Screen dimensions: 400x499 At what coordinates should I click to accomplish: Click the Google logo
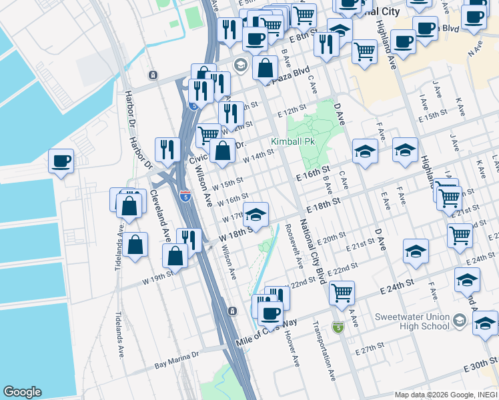pos(22,392)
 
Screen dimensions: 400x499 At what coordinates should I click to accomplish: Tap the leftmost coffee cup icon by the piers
pos(61,161)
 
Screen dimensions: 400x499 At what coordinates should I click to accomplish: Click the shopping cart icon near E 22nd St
pos(341,291)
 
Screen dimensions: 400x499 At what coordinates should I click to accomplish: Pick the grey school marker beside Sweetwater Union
pos(459,321)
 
